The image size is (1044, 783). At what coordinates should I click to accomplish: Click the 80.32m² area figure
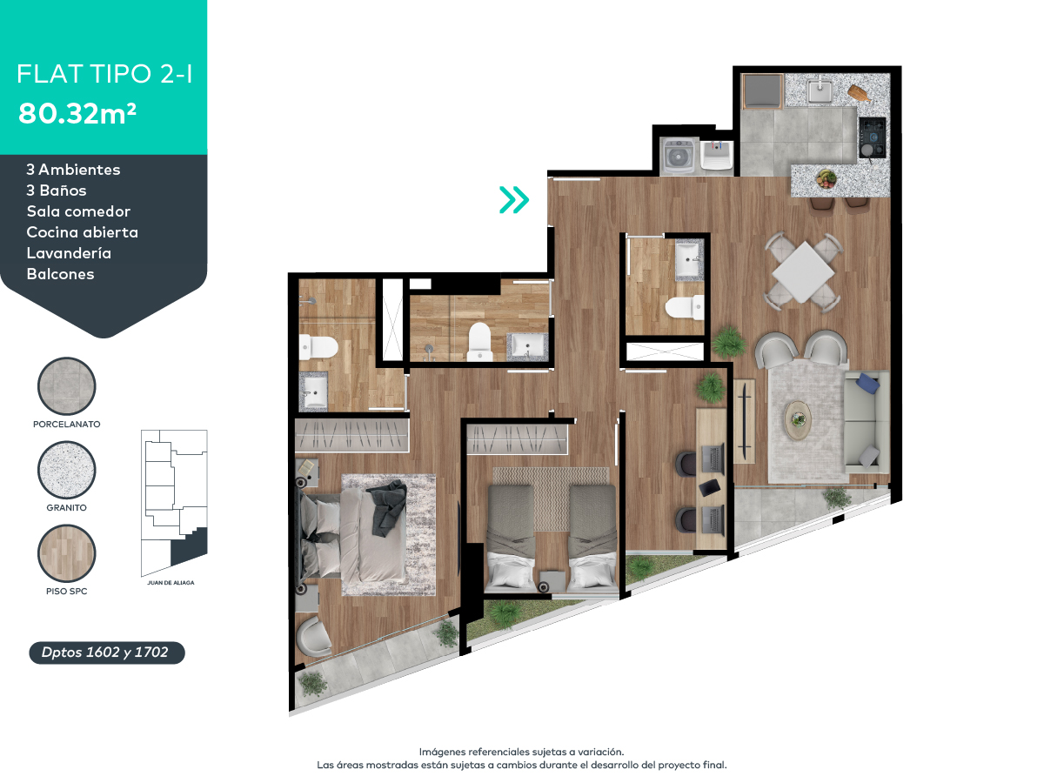[77, 113]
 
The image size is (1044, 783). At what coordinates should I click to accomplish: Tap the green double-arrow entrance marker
[513, 200]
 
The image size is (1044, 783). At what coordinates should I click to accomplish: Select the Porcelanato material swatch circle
[67, 387]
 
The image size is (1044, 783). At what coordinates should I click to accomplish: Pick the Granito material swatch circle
[67, 470]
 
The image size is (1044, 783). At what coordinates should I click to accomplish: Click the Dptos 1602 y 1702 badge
[107, 652]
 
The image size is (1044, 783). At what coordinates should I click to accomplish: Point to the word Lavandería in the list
[69, 253]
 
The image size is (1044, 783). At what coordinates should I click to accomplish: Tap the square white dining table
[804, 271]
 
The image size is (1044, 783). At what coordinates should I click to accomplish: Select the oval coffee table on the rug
[798, 418]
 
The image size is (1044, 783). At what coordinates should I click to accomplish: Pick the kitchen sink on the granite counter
[819, 90]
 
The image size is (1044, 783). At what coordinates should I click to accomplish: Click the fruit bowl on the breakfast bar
[826, 178]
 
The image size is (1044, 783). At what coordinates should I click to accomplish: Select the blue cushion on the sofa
[868, 383]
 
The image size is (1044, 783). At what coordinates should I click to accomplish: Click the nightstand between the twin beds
[551, 580]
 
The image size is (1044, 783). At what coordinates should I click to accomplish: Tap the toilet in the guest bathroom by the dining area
[683, 307]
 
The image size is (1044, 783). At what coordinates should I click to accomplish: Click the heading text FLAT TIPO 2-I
[104, 75]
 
